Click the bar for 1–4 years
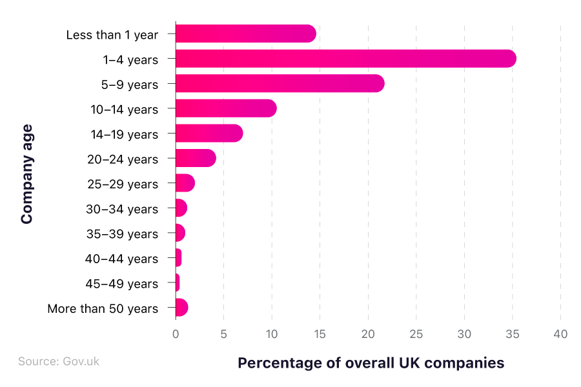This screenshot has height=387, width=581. (x=345, y=59)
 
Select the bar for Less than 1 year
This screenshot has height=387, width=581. (x=245, y=34)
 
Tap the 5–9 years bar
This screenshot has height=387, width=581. (x=280, y=84)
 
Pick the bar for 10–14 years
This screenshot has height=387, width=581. (x=226, y=108)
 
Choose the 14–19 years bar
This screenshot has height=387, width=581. (x=209, y=134)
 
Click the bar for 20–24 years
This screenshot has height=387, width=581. (x=196, y=159)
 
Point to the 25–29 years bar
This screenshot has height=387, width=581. (x=185, y=183)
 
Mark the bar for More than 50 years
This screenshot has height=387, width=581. (x=181, y=308)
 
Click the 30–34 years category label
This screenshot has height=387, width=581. (x=122, y=209)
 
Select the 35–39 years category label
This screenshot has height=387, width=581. (x=122, y=233)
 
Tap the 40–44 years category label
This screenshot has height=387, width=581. (x=121, y=259)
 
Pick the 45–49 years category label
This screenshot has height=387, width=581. (x=121, y=284)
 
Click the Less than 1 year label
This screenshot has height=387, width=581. (x=112, y=35)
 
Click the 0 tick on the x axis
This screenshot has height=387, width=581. (x=176, y=334)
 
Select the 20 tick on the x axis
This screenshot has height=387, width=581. (x=368, y=334)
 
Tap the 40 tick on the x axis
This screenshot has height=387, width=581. (x=560, y=334)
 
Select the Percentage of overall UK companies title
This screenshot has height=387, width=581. (x=371, y=363)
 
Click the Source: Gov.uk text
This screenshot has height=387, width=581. (x=59, y=361)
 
